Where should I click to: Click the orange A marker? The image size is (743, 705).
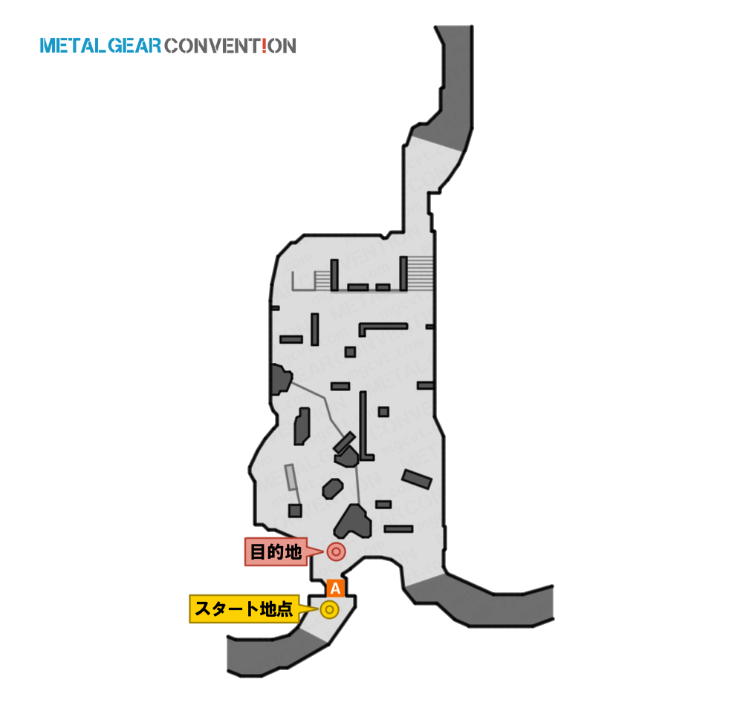336,588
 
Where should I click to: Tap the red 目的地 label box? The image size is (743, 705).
276,551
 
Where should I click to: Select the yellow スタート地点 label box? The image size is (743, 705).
244,609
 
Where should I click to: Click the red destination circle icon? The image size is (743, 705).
336,551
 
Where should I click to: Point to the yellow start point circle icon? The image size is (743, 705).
329,609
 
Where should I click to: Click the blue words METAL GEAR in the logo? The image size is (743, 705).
100,46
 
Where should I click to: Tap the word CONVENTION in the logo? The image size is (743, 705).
230,46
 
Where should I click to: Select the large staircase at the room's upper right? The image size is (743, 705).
421,274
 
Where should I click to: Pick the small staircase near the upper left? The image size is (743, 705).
322,280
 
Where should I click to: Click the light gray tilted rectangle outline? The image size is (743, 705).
290,476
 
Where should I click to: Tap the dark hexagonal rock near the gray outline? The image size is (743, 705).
333,489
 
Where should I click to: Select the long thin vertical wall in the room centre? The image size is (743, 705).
363,425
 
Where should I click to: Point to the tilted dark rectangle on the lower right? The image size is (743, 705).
417,479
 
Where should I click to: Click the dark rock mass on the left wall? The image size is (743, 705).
281,379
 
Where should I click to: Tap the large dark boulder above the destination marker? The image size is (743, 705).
353,522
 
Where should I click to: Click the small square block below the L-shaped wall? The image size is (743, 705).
350,352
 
